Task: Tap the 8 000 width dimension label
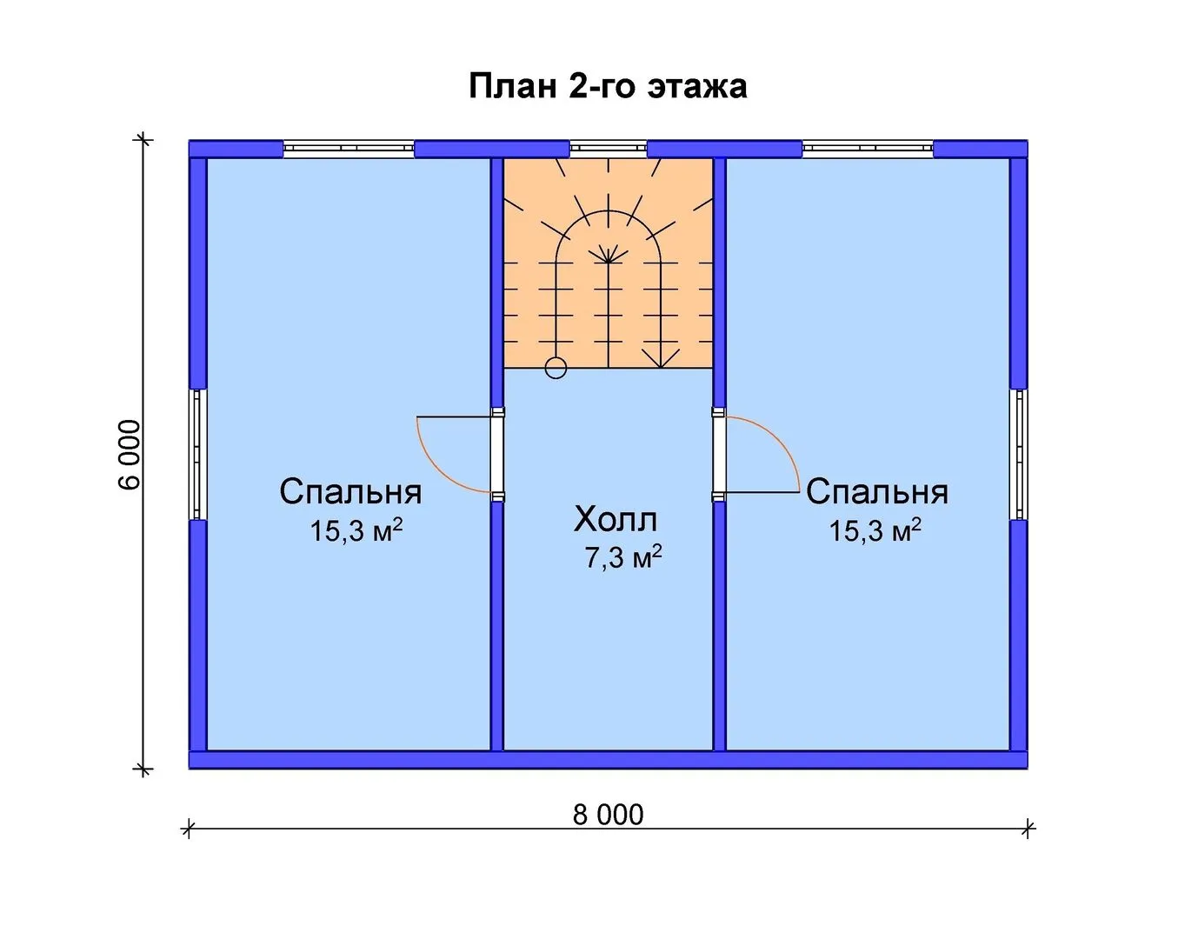click(x=608, y=815)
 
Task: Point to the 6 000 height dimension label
click(x=130, y=455)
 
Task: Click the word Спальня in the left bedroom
click(x=350, y=492)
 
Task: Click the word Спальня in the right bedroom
click(x=877, y=492)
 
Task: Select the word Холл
click(x=616, y=519)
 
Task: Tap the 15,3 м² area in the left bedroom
click(x=356, y=530)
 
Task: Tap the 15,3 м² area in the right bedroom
click(x=875, y=530)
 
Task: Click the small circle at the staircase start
click(x=556, y=368)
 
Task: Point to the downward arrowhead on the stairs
click(x=661, y=359)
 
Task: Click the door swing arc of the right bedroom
click(x=780, y=438)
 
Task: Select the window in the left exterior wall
click(x=198, y=455)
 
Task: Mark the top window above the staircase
click(x=608, y=149)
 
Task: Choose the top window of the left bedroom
click(x=349, y=149)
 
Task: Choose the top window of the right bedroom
click(x=868, y=149)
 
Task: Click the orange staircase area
click(x=608, y=263)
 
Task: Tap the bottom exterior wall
click(x=608, y=760)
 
